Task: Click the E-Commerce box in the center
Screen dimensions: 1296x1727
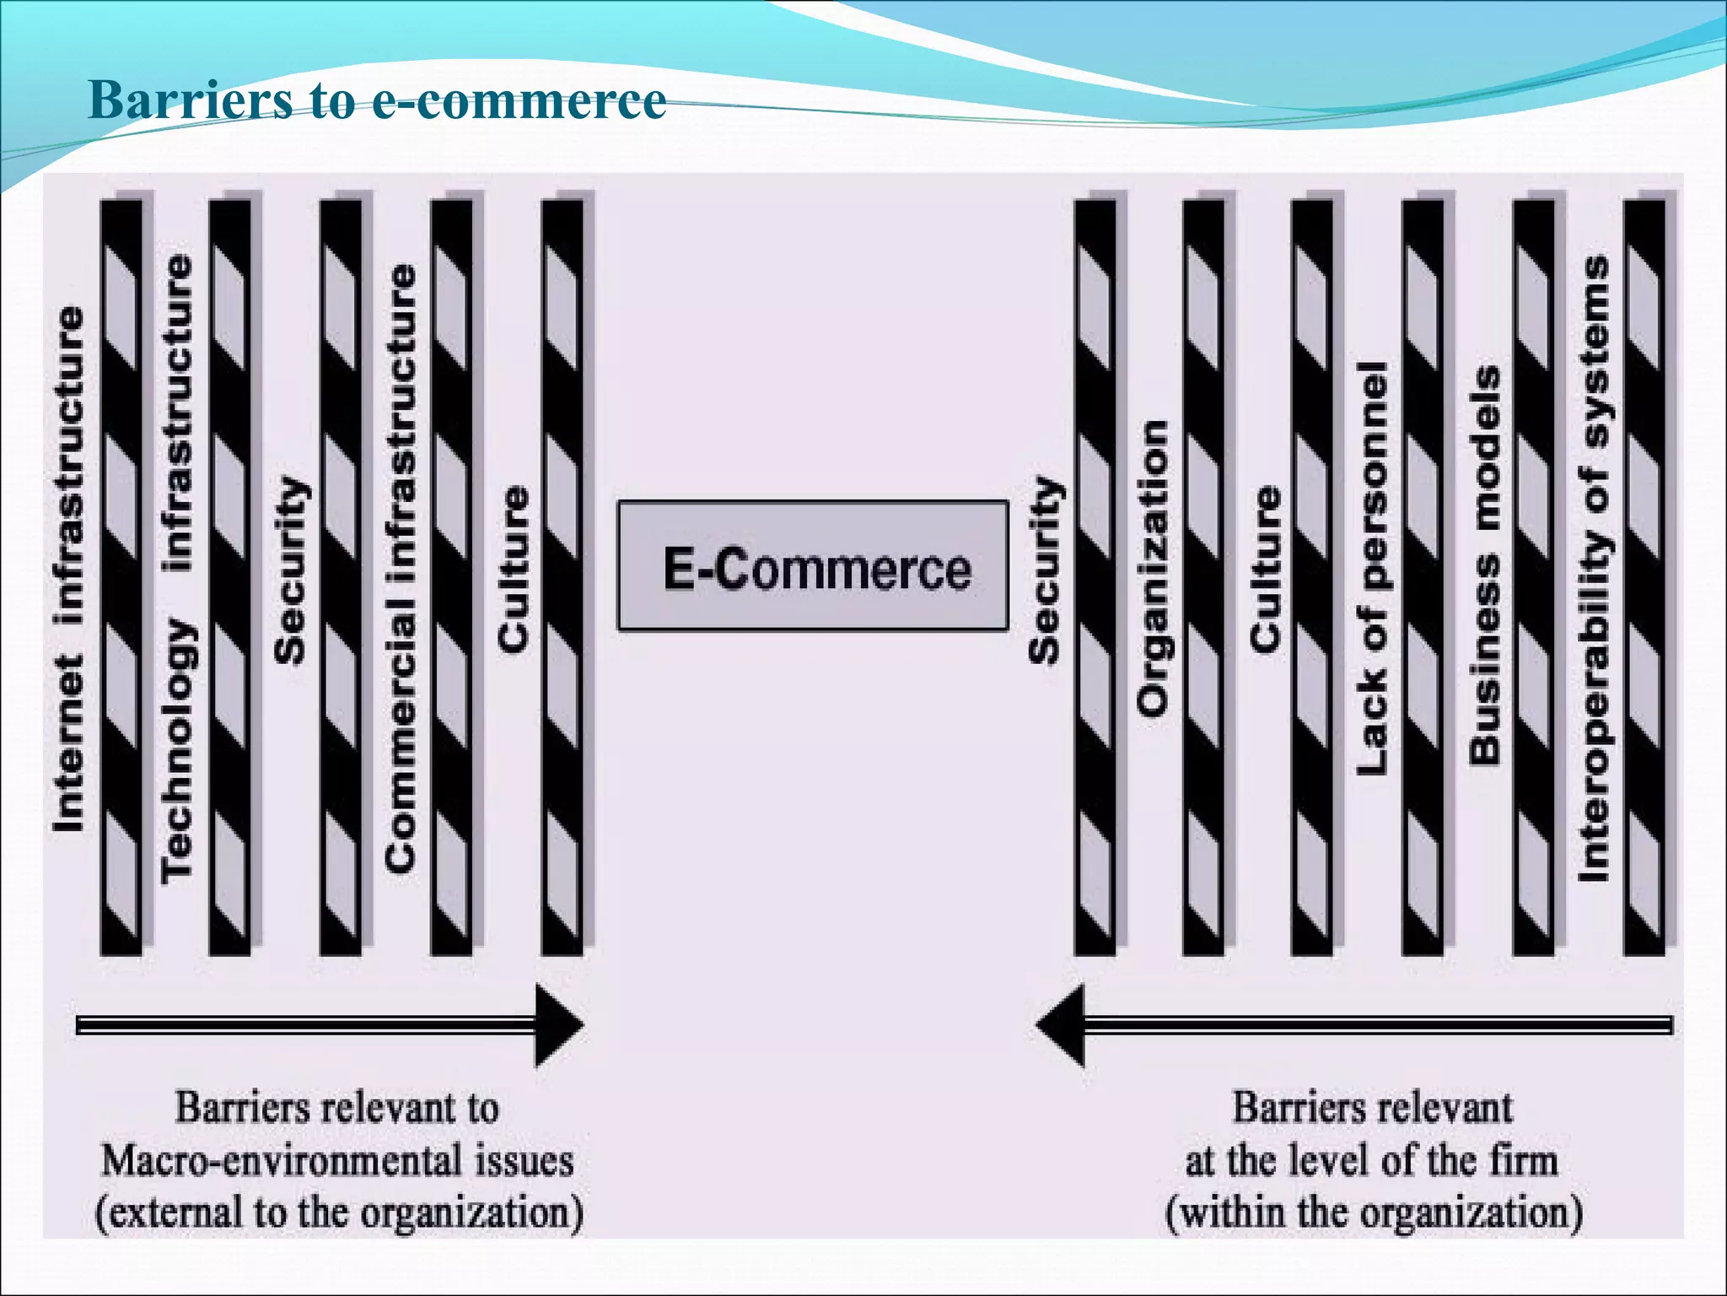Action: tap(813, 566)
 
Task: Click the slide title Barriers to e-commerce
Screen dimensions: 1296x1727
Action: tap(377, 100)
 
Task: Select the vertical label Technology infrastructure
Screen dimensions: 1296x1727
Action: tap(177, 570)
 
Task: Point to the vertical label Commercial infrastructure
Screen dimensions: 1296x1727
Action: tap(401, 570)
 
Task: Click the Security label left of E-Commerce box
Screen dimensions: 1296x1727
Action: tap(291, 570)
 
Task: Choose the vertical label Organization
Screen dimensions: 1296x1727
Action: tap(1152, 570)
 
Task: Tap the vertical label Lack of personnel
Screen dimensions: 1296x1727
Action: tap(1372, 570)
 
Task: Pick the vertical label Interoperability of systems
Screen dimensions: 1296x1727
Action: tap(1594, 570)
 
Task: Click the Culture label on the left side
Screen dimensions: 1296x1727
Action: tap(513, 570)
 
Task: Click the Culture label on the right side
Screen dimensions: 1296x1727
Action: tap(1264, 570)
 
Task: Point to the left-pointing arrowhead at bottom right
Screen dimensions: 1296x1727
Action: tap(1061, 1025)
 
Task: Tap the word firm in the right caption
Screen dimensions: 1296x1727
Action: tap(1523, 1160)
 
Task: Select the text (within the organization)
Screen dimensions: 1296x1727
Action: tap(1374, 1213)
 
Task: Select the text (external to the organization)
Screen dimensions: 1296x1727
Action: tap(339, 1213)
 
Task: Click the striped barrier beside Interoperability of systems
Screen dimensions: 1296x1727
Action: tap(1644, 578)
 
